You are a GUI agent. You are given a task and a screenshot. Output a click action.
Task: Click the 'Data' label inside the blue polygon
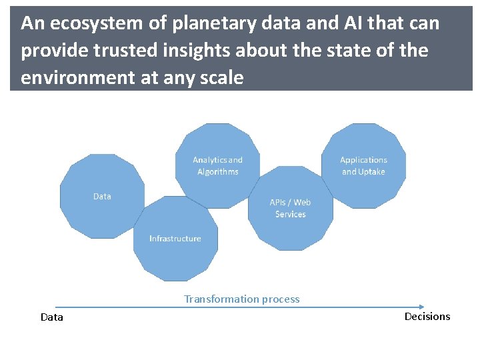click(102, 197)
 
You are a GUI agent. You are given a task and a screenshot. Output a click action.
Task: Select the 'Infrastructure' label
click(175, 239)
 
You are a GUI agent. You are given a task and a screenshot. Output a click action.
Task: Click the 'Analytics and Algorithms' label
click(217, 166)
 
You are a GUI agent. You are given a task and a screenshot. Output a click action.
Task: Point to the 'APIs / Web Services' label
click(290, 208)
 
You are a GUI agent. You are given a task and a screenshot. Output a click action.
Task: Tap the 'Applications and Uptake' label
click(363, 166)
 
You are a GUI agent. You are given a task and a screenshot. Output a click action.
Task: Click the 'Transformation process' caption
click(241, 299)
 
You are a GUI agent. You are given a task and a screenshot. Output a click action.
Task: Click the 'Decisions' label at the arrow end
click(427, 317)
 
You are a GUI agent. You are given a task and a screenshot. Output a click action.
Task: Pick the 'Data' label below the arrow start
click(52, 317)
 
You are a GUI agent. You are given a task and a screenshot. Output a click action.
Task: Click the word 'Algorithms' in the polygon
click(217, 172)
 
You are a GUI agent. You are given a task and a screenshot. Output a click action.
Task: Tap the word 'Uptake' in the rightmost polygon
click(372, 172)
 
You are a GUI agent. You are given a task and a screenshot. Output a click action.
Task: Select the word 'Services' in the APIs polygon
click(290, 214)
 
